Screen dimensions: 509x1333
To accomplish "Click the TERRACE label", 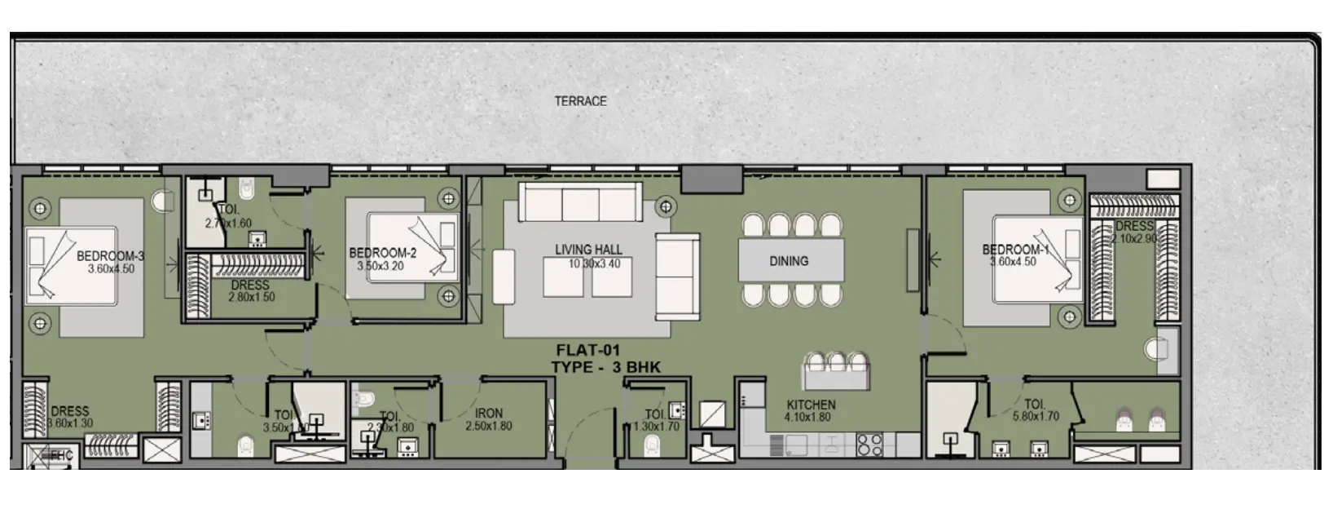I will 580,101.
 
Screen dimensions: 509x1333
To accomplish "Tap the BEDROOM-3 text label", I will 110,256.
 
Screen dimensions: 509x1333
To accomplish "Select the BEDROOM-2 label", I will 382,254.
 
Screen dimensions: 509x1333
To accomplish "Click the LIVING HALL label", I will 588,250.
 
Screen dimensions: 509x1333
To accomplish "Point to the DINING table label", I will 789,261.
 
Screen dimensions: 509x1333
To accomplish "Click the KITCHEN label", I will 811,405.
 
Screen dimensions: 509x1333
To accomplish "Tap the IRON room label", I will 489,414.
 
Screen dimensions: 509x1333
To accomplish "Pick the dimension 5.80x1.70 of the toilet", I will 1034,416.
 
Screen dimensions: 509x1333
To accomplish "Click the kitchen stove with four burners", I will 869,445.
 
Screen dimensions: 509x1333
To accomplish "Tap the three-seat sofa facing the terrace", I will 581,202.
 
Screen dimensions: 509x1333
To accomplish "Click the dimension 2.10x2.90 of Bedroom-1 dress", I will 1134,238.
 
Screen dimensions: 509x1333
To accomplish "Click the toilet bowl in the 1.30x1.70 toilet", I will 652,445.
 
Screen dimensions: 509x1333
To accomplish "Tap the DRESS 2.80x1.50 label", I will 250,291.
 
